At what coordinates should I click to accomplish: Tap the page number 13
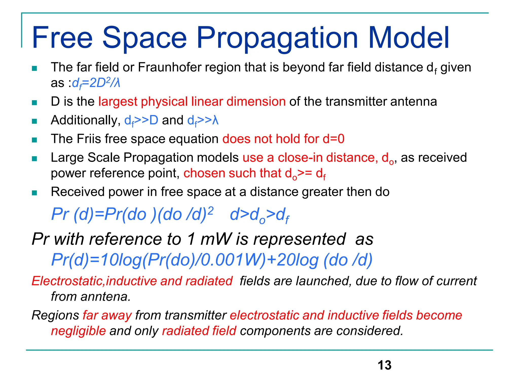pyautogui.click(x=384, y=365)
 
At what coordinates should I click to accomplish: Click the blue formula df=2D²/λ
pyautogui.click(x=96, y=83)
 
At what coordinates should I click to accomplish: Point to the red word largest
pyautogui.click(x=118, y=102)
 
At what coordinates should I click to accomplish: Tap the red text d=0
pyautogui.click(x=333, y=139)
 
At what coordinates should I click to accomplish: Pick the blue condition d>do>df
pyautogui.click(x=259, y=215)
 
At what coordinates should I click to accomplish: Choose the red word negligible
pyautogui.click(x=78, y=331)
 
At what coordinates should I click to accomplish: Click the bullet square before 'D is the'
pyautogui.click(x=34, y=103)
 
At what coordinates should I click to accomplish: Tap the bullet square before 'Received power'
pyautogui.click(x=34, y=193)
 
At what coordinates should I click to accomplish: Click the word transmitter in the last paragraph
pyautogui.click(x=195, y=316)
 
